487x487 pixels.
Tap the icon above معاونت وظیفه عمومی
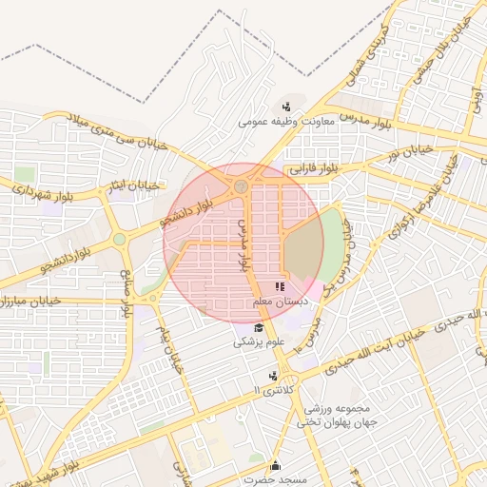click(x=286, y=106)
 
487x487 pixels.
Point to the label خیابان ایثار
click(x=129, y=183)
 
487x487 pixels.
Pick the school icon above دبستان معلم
click(x=280, y=285)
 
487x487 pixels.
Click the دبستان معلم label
click(x=279, y=302)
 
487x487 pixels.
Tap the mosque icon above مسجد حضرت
click(x=276, y=465)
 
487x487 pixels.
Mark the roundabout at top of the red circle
click(x=242, y=186)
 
